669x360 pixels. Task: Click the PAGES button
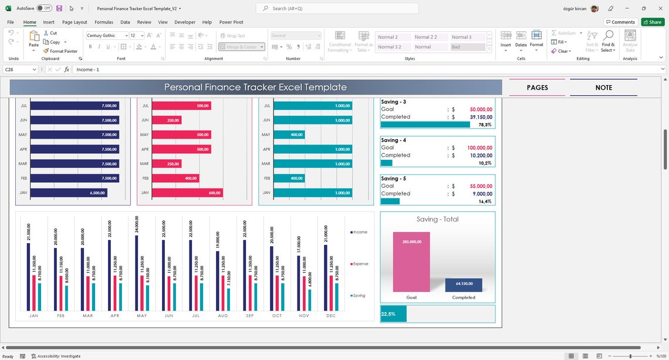[x=537, y=88]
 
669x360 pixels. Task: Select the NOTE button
[x=603, y=88]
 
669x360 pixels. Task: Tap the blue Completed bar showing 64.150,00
[x=464, y=285]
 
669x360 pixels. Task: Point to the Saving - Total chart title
[x=437, y=219]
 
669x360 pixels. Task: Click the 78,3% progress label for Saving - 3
[x=485, y=125]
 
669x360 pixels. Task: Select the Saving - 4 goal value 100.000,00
[x=480, y=147]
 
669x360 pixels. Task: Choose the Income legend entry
[x=359, y=232]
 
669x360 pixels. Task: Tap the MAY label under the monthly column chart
[x=141, y=316]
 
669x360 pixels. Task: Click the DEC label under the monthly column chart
[x=330, y=316]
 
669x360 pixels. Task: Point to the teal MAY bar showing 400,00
[x=290, y=134]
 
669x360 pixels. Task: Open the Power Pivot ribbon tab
[x=231, y=22]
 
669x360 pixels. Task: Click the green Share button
[x=653, y=22]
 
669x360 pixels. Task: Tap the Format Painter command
[x=60, y=51]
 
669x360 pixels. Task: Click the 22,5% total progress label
[x=388, y=314]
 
